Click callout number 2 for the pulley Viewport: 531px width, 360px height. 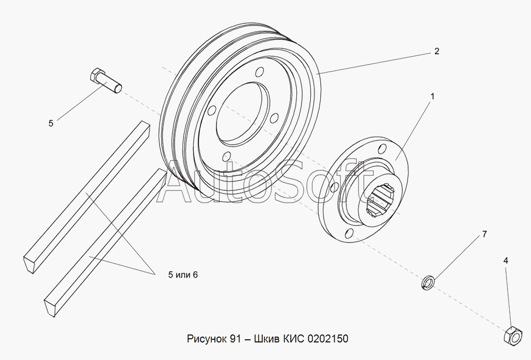436,51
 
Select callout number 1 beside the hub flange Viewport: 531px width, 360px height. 432,96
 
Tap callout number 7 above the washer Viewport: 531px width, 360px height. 484,234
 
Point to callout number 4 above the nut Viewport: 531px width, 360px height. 505,261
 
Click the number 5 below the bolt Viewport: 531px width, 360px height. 51,123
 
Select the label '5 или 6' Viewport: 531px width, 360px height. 183,275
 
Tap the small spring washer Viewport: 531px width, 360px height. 427,282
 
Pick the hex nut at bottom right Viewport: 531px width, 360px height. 513,336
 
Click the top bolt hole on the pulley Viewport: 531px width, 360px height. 260,72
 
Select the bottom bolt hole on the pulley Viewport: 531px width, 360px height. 226,156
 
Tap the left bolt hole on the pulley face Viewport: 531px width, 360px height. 212,110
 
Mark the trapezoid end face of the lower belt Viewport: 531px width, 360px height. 50,306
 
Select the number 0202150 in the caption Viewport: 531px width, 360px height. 328,339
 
